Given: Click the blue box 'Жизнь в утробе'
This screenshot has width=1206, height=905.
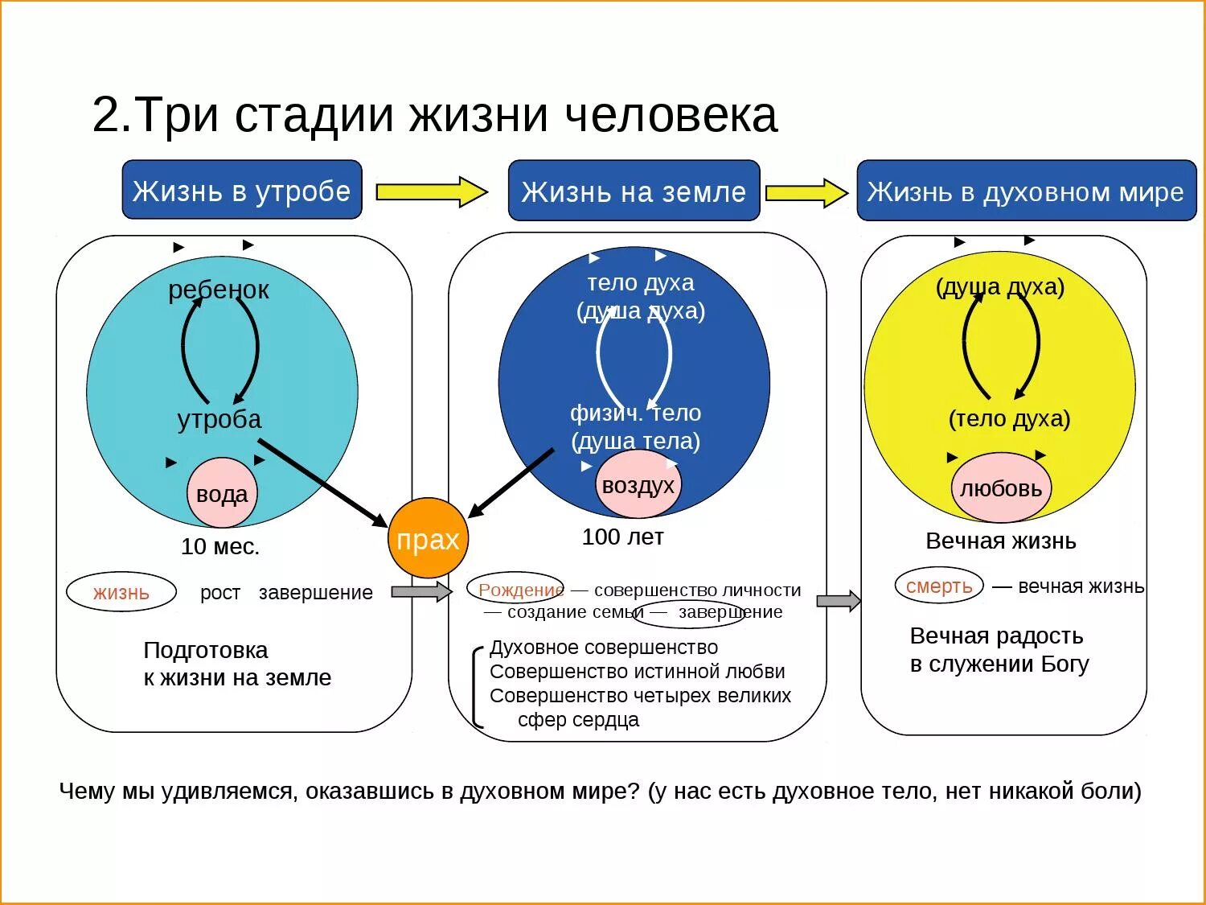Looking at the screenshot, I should (241, 191).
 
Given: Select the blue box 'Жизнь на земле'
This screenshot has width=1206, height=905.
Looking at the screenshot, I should (634, 191).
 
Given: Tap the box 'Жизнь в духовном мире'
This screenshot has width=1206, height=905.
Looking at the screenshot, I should (1026, 191).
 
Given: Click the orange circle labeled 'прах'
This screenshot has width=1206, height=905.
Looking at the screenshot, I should (428, 538).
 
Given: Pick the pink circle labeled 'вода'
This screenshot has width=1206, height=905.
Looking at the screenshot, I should (222, 493).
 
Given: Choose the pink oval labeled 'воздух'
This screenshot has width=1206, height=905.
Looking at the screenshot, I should (638, 485).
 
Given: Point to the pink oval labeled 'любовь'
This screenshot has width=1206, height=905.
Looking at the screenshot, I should (1001, 487).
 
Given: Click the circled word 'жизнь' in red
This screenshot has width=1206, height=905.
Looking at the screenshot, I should (121, 593).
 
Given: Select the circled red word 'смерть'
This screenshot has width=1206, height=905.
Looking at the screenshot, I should (939, 586).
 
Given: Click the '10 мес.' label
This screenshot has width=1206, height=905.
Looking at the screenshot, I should (220, 547).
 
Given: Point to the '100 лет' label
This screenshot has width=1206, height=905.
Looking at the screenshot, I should (623, 537).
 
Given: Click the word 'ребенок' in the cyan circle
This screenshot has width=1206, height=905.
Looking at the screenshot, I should (219, 290).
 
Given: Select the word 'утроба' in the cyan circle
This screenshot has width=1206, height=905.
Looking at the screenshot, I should (219, 419).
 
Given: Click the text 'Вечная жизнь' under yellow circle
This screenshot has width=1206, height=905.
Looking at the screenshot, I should (1001, 541).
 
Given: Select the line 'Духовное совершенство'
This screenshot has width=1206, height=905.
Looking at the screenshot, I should (604, 648).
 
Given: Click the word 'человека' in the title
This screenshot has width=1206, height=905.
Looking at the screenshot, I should (671, 116).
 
